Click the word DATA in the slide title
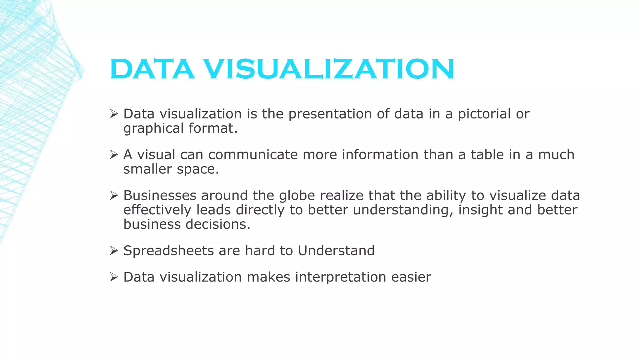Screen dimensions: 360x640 point(152,69)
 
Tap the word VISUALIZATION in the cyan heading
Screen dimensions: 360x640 point(329,69)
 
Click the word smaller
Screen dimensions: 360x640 point(147,169)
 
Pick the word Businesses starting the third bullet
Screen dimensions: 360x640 point(160,196)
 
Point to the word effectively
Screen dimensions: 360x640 point(157,210)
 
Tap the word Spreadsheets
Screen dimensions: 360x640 point(168,251)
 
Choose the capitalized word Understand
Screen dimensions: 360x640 point(336,251)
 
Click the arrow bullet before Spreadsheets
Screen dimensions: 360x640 point(114,251)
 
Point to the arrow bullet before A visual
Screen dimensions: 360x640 point(114,155)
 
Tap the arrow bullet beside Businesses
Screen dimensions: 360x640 point(114,196)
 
